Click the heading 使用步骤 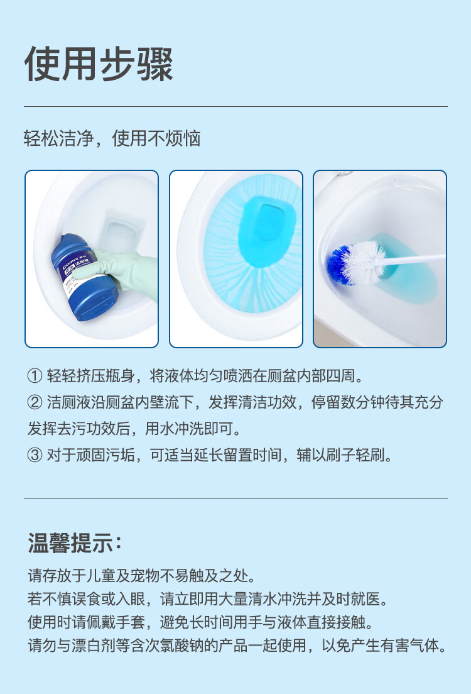click(98, 64)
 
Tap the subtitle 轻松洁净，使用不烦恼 click(112, 138)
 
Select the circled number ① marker click(35, 376)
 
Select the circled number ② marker click(35, 402)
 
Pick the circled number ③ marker click(35, 455)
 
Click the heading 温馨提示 click(74, 543)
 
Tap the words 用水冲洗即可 click(189, 429)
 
